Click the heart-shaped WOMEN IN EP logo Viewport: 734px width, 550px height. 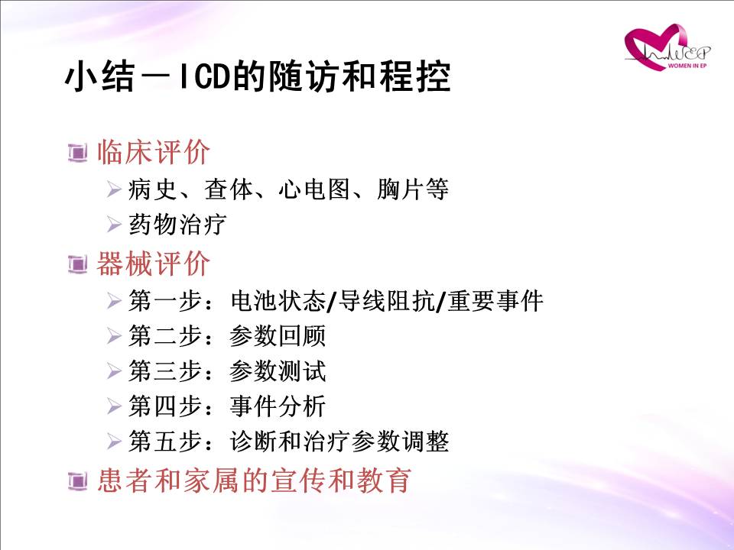[667, 47]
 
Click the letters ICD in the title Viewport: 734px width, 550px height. [205, 76]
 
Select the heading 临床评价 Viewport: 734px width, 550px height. [153, 152]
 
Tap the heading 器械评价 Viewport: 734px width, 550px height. [153, 264]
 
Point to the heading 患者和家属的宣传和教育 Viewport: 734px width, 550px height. [254, 480]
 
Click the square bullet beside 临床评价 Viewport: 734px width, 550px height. [78, 153]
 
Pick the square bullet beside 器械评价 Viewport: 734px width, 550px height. [78, 264]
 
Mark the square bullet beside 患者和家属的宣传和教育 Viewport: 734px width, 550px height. [78, 480]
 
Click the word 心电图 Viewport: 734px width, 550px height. [314, 189]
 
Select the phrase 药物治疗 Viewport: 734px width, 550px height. [177, 225]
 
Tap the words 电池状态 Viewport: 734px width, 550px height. [278, 301]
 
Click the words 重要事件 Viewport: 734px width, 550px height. [495, 301]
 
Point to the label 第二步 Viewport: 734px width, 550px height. [165, 336]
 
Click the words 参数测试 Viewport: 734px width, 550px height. [278, 371]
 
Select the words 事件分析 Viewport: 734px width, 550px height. [278, 406]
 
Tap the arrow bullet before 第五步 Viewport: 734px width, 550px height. [114, 442]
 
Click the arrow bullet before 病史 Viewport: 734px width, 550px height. [114, 189]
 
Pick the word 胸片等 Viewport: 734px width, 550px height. [413, 189]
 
